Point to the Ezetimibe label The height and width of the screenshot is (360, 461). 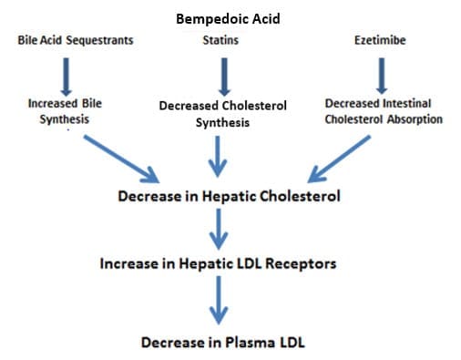click(382, 41)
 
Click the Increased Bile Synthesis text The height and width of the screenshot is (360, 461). click(65, 111)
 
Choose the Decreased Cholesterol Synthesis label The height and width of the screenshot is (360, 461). click(222, 114)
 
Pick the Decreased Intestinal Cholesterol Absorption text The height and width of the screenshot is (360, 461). click(384, 111)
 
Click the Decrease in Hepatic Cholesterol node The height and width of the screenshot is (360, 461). click(229, 197)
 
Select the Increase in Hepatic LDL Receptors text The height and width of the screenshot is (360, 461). click(219, 264)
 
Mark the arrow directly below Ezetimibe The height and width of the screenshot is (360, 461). click(382, 75)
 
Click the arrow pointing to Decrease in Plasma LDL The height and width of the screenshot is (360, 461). click(218, 303)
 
